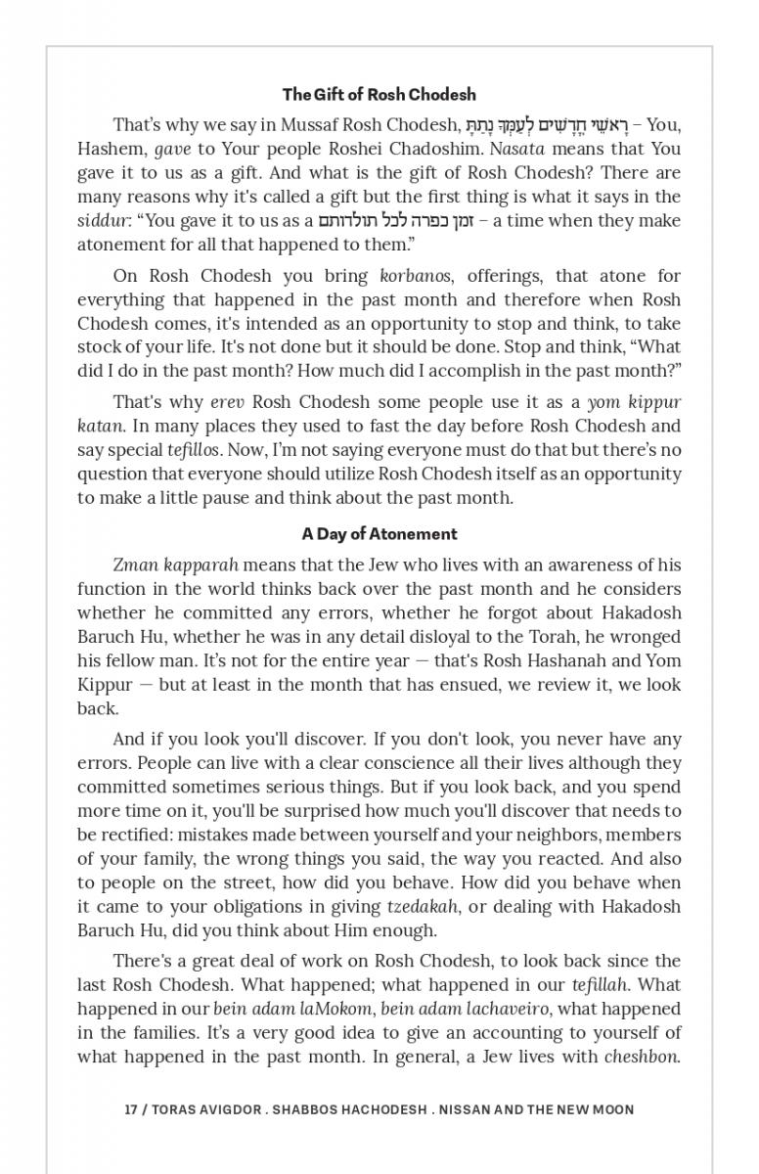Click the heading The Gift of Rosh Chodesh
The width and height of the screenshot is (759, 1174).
[x=379, y=95]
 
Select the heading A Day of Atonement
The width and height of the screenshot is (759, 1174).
[x=379, y=534]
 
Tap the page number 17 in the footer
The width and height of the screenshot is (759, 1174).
[x=130, y=1109]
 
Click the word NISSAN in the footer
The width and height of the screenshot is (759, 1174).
[x=465, y=1109]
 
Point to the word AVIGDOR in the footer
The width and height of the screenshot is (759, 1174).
[x=226, y=1109]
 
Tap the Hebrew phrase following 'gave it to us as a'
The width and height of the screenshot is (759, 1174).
[x=397, y=220]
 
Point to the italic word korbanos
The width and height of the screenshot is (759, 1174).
[x=409, y=276]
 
